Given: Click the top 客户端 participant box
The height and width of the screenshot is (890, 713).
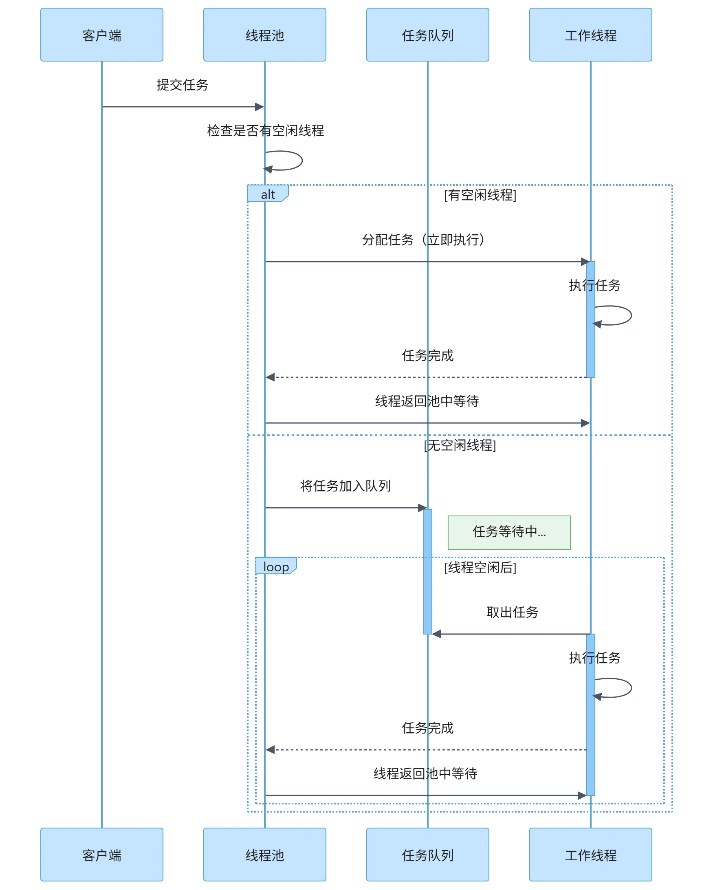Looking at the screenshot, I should tap(101, 35).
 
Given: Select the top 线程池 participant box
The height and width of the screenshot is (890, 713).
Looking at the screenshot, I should tap(264, 35).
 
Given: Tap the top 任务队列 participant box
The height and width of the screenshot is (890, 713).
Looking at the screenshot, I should tap(427, 35).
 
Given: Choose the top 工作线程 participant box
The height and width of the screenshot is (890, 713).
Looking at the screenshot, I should tap(590, 35).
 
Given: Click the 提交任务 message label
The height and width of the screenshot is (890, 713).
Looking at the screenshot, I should tap(183, 85).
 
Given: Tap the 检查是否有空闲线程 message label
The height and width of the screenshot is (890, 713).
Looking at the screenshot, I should tap(265, 131).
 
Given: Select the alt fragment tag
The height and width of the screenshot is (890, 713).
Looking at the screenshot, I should tap(268, 194).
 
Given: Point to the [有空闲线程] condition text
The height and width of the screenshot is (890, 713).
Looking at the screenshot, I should tap(480, 195).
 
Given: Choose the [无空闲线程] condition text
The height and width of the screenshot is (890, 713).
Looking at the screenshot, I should tap(460, 445).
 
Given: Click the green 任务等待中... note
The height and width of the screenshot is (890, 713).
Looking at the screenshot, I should tap(509, 532).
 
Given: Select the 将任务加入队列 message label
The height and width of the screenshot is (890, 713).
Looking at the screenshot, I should tap(345, 486).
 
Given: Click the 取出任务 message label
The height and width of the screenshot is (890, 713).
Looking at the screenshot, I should tap(513, 612).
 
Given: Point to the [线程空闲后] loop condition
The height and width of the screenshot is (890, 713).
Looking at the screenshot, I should tap(480, 568).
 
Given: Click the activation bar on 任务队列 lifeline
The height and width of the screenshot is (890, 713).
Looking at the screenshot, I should tap(428, 572).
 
